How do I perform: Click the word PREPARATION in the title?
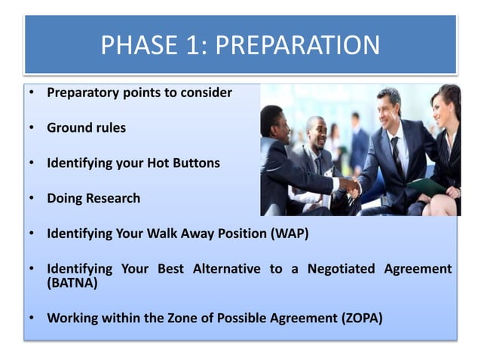(x=298, y=45)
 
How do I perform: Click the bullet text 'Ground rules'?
(x=86, y=128)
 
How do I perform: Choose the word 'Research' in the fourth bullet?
(x=112, y=198)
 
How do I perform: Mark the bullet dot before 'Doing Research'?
(x=32, y=198)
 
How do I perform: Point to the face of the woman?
(x=440, y=106)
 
